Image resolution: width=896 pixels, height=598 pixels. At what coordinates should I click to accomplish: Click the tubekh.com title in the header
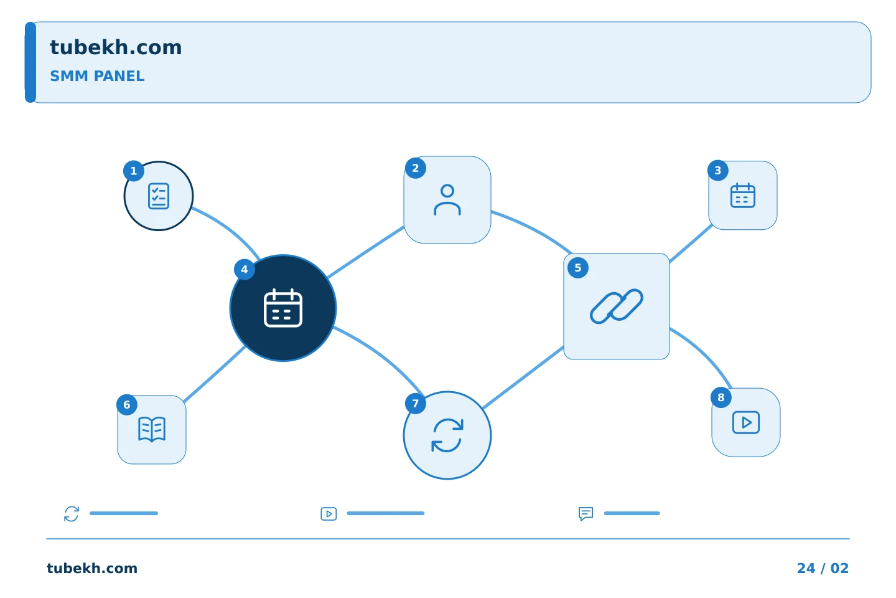click(116, 47)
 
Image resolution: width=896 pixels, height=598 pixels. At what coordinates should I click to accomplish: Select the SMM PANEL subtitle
click(97, 76)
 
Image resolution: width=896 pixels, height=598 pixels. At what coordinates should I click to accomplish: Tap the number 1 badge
click(134, 171)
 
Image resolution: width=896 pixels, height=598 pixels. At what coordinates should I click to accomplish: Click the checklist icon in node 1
click(159, 196)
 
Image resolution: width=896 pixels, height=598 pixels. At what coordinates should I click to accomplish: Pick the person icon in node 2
click(447, 200)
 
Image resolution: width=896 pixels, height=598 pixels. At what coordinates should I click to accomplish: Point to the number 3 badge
click(718, 170)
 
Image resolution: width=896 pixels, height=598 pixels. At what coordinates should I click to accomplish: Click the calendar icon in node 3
click(743, 196)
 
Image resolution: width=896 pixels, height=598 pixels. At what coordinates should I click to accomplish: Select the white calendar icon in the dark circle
click(283, 308)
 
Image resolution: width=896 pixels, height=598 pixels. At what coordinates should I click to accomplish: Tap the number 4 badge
click(245, 270)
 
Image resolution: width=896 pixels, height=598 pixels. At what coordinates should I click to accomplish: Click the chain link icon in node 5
click(617, 306)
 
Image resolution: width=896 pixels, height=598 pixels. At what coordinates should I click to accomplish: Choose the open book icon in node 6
click(152, 429)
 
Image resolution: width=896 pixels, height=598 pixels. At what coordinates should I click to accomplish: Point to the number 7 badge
click(416, 404)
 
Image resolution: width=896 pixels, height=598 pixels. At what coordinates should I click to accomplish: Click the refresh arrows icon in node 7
click(447, 435)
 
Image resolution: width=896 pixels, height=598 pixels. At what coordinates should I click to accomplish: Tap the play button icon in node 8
click(746, 422)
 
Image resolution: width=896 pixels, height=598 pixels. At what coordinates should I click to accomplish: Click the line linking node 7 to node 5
click(523, 377)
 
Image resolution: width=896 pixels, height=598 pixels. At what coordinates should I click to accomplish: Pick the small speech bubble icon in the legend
click(586, 513)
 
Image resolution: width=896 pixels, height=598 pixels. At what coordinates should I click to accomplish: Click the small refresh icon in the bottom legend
click(72, 513)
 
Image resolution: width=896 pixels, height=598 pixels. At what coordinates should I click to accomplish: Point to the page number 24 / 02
click(823, 568)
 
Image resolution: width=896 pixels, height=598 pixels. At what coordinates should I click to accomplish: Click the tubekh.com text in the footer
click(92, 568)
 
